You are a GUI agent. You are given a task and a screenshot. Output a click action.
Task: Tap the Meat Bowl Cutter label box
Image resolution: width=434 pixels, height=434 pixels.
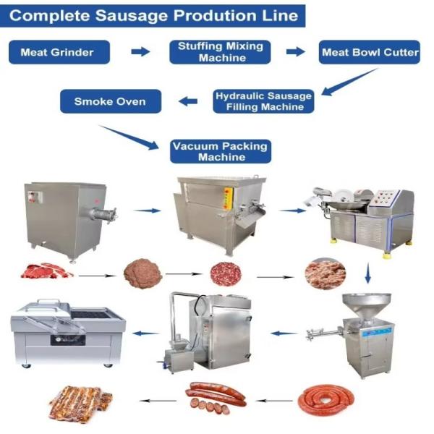coord(370,52)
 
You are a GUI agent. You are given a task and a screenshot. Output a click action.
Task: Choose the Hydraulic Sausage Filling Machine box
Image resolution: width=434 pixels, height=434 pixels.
coord(264,101)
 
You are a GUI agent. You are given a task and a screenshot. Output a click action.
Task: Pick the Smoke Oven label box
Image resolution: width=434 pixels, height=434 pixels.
coord(109,101)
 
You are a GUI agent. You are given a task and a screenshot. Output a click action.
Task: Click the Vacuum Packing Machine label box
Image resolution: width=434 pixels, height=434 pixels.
coord(219,150)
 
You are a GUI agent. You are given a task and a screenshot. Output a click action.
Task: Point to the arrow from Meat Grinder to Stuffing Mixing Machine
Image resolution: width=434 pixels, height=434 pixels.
coord(140,51)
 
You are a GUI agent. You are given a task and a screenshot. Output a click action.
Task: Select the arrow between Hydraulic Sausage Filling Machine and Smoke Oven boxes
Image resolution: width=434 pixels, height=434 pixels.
coord(188,101)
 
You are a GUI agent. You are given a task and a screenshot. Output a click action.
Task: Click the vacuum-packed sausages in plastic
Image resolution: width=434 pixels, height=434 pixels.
coord(80,403)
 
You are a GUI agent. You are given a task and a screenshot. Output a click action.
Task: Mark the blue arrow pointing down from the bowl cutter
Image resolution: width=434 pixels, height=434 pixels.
coord(367,274)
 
